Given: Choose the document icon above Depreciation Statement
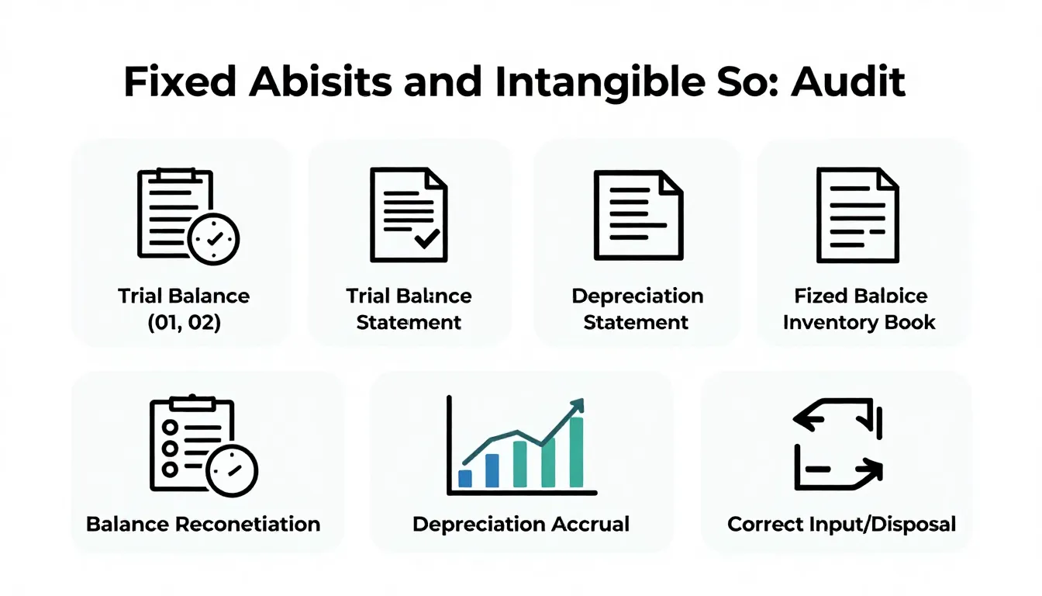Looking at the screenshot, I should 637,215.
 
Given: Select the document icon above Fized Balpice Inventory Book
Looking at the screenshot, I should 857,215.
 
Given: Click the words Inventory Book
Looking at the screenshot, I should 859,322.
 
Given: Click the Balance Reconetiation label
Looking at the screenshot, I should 203,524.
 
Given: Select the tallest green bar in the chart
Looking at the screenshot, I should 576,452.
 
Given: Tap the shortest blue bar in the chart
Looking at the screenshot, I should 465,478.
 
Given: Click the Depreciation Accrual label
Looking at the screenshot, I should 521,524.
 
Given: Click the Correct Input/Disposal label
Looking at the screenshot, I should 841,524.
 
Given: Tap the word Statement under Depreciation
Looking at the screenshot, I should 636,322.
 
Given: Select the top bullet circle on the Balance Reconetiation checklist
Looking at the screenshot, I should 170,429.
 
